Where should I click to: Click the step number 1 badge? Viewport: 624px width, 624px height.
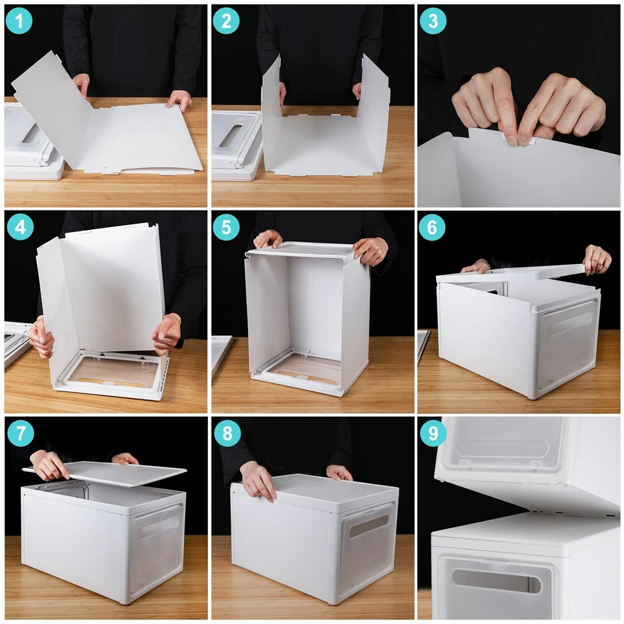point(19,21)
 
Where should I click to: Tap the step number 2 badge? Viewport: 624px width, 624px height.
point(226,21)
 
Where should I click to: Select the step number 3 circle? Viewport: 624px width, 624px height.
point(433,21)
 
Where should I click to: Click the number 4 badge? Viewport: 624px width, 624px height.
point(19,227)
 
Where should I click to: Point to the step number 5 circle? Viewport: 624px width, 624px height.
point(226,227)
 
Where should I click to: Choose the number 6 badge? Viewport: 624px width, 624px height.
point(433,227)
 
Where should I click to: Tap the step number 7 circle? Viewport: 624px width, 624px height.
point(19,433)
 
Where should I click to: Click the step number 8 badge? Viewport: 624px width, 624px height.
point(226,433)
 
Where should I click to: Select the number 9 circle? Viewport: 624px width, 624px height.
point(433,433)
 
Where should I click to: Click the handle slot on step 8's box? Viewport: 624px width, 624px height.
point(369,525)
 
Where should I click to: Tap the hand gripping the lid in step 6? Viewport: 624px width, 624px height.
point(597,259)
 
